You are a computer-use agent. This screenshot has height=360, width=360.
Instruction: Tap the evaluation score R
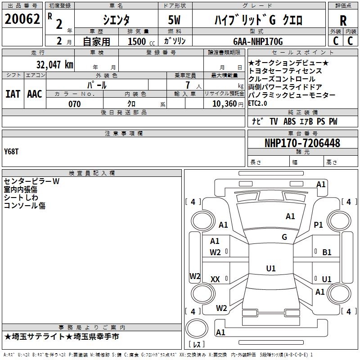tap(343, 21)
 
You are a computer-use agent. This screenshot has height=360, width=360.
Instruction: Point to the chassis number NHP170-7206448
tap(302, 143)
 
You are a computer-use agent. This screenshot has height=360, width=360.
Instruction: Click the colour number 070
tap(74, 104)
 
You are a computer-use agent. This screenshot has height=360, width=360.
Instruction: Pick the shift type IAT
tap(13, 94)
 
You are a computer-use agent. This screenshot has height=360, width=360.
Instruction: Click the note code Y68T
tap(12, 151)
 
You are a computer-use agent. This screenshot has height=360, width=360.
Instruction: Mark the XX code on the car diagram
tap(215, 279)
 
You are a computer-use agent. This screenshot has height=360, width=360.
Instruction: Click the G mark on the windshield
tap(284, 237)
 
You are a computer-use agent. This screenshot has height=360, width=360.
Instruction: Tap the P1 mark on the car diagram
tap(319, 225)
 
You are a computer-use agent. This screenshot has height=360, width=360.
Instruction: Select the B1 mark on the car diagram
tap(327, 252)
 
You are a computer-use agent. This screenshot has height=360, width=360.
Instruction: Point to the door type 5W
tap(175, 20)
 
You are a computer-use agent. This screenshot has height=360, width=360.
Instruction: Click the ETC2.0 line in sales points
tap(257, 103)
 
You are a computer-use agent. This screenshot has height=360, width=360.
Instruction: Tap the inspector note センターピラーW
tap(31, 181)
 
